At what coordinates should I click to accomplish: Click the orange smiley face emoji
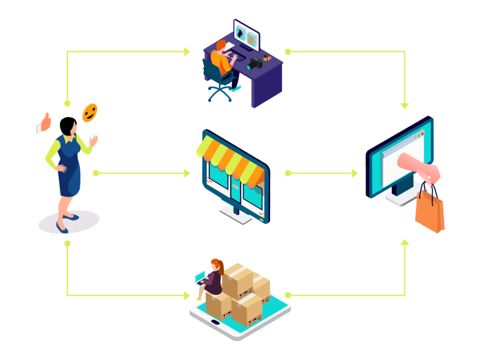point(89,112)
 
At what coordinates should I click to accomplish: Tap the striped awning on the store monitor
point(230,160)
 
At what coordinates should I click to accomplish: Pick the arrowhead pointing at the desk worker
point(187,52)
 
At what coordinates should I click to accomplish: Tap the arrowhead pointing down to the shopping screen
point(405,106)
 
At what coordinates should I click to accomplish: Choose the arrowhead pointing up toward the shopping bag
point(405,242)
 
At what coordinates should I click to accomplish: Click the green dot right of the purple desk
point(287,52)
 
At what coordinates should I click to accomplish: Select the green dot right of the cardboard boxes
point(287,295)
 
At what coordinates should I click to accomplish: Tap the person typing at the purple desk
point(222,57)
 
